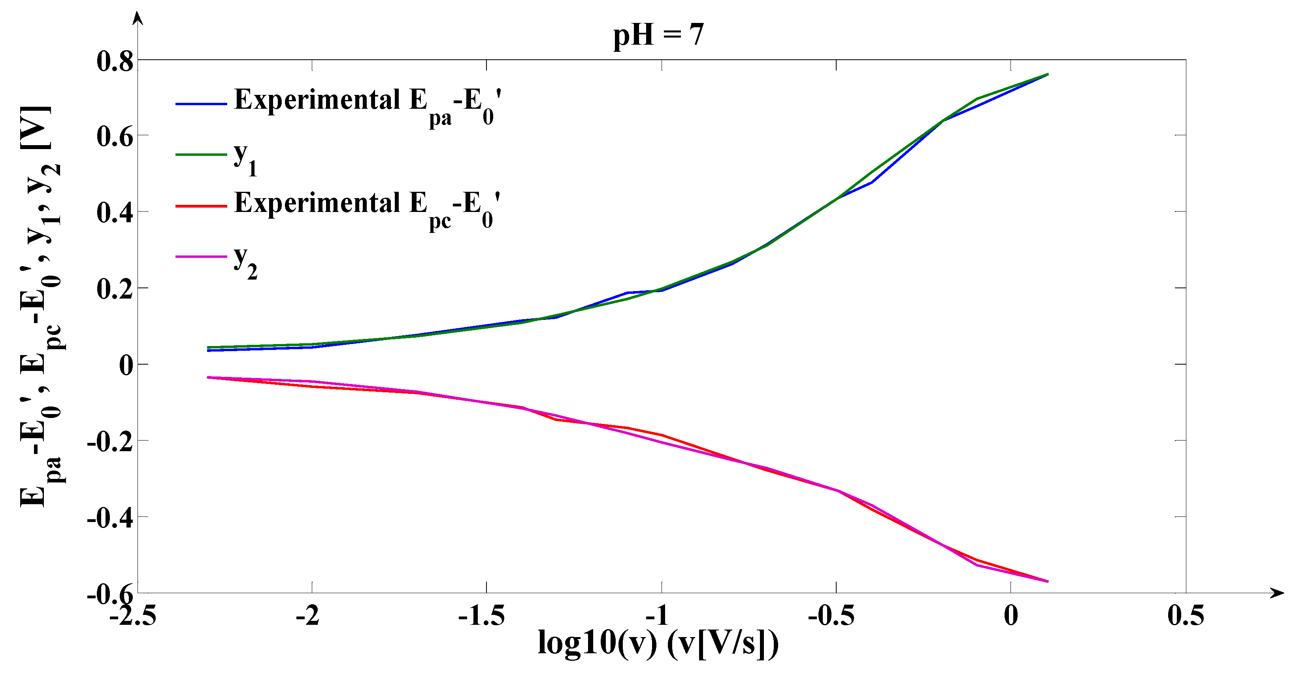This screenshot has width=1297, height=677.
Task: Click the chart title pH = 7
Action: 658,35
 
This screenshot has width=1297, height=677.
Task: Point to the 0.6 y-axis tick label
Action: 115,136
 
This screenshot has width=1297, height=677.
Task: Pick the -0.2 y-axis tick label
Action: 110,442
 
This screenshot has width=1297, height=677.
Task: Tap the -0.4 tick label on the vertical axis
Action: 110,518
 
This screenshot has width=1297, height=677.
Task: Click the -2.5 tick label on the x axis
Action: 132,616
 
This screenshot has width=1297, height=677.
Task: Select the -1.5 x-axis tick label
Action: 481,616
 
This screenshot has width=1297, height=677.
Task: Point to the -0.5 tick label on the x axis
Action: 831,616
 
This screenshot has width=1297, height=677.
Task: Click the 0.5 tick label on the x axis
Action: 1186,616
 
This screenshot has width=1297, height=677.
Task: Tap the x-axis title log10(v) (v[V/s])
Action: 658,644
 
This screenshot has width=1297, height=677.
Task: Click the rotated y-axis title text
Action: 40,307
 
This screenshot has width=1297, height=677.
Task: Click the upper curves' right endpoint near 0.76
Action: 1047,75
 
